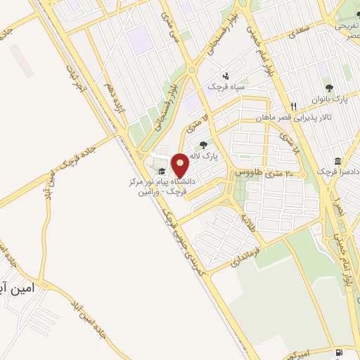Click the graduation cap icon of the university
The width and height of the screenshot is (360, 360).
pos(161,172)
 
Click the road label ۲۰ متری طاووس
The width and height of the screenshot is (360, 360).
pos(258,172)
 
